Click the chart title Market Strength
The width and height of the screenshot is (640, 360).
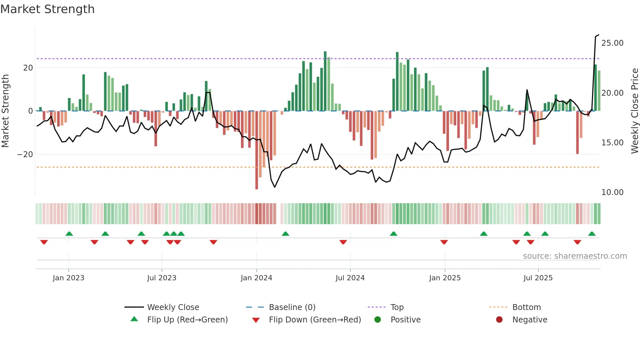[47, 9]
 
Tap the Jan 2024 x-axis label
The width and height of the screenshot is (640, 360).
[256, 278]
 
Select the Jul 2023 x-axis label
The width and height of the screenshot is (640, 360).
[162, 278]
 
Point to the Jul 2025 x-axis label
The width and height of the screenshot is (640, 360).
[538, 278]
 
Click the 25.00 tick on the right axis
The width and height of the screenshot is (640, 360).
[612, 43]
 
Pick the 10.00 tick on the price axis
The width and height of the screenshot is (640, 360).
[612, 192]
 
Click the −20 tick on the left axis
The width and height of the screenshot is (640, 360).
[25, 154]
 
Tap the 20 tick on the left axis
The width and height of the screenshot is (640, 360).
[28, 68]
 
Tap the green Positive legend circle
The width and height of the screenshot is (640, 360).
[377, 319]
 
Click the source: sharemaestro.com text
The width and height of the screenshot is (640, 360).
[575, 256]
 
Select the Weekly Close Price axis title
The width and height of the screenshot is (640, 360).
[634, 111]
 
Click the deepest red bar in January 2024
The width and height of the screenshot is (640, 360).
[257, 150]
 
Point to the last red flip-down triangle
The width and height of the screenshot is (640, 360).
[577, 242]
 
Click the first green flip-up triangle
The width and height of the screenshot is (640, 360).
[69, 234]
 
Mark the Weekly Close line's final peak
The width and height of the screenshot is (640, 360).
[598, 35]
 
